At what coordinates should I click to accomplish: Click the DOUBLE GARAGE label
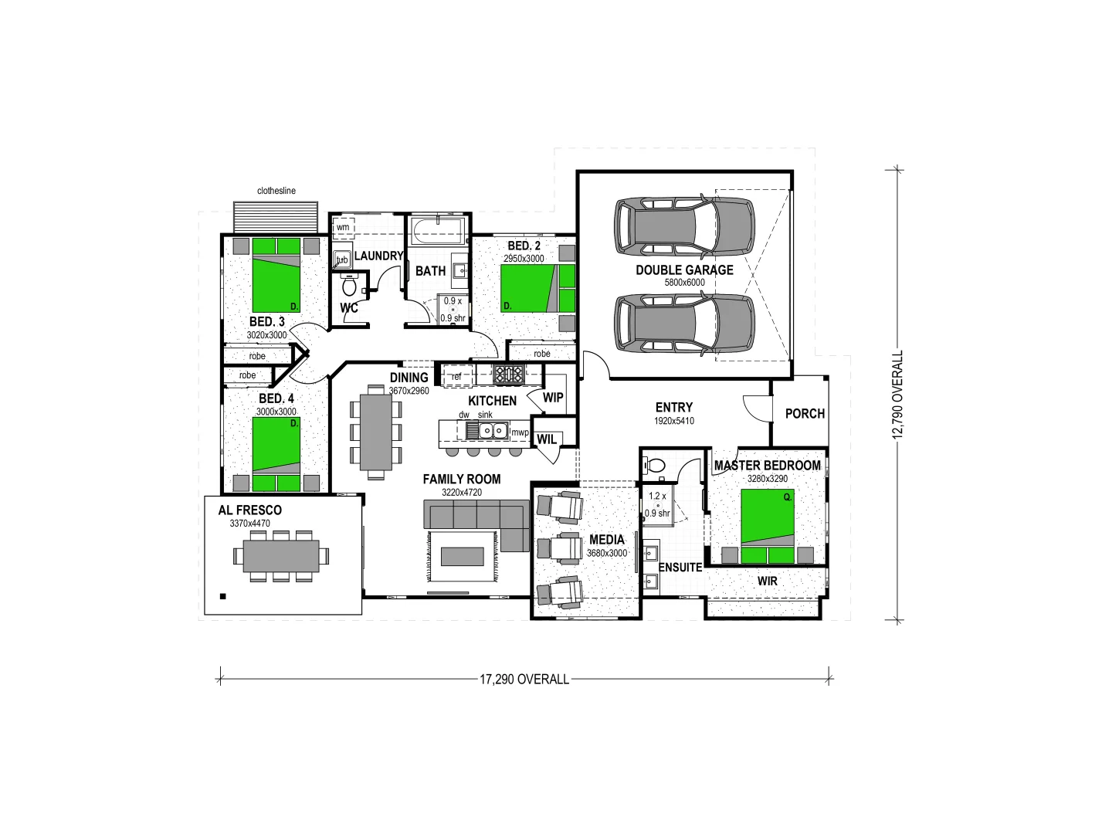coord(684,270)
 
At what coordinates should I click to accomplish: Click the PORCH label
coord(805,414)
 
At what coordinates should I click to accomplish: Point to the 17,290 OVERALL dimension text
coord(524,680)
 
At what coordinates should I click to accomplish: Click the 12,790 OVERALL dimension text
coord(897,395)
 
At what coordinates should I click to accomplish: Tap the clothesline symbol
coord(276,217)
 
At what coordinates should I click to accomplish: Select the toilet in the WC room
coord(349,286)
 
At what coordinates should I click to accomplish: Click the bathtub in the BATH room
coord(438,230)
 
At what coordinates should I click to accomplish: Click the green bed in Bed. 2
coord(537,288)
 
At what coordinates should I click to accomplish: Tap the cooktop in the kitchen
coord(509,375)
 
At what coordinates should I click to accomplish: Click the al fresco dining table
coord(281,555)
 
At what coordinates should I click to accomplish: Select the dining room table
coord(376,432)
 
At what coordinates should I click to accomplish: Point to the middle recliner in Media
coord(559,548)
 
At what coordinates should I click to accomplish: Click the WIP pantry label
coord(553,398)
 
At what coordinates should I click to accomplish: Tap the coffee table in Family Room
coord(462,556)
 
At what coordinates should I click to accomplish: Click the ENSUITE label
coord(680,568)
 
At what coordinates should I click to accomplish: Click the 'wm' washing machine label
coord(343,227)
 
